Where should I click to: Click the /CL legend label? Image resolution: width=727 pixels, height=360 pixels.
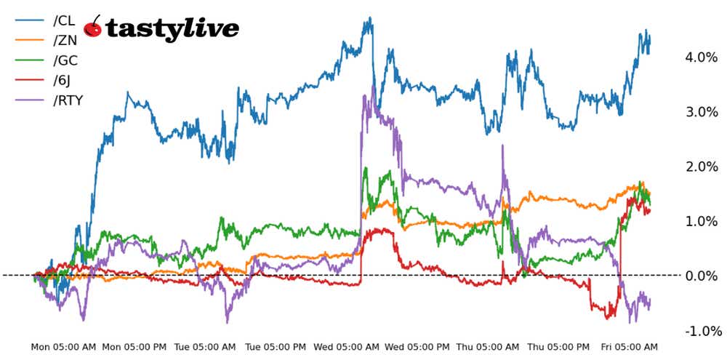coord(64,21)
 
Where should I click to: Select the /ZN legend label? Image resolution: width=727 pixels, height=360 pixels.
coord(65,41)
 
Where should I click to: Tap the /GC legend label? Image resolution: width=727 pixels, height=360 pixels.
coord(65,60)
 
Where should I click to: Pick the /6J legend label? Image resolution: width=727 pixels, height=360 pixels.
coord(63,80)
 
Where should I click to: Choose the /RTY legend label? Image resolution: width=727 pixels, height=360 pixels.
coord(68,100)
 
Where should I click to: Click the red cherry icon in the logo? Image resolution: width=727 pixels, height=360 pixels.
coord(93,27)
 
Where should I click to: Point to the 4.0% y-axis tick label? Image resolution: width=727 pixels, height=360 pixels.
coord(701,57)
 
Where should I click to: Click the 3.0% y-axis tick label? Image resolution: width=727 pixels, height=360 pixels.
coord(701,112)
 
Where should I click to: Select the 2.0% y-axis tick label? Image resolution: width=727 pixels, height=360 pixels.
coord(701,167)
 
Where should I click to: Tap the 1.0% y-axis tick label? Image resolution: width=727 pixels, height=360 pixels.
coord(701,221)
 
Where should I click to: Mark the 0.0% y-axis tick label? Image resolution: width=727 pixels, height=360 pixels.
coord(701,276)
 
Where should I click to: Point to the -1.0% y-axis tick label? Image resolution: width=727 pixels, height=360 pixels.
coord(699,331)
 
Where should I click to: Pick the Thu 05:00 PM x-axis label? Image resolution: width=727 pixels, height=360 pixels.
coord(558,347)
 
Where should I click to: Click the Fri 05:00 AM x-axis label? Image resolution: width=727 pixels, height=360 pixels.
coord(630,347)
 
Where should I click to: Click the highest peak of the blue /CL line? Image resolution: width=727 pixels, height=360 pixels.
coord(370,18)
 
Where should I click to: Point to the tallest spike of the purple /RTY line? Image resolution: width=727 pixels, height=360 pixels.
coord(374,86)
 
